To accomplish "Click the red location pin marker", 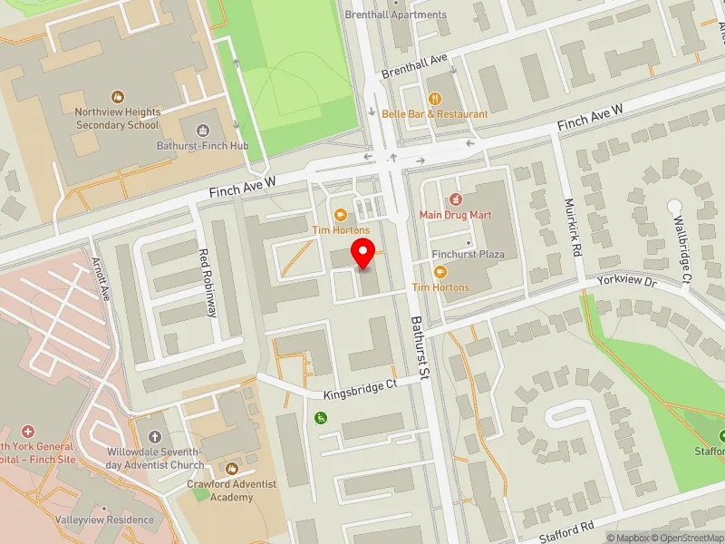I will click(363, 253).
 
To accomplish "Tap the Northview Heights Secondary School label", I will click(118, 118).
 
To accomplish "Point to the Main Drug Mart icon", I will click(456, 199).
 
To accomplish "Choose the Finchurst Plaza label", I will click(467, 255).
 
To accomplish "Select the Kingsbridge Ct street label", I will click(361, 391).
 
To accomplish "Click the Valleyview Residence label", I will click(105, 520).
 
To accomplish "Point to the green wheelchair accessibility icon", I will click(319, 417).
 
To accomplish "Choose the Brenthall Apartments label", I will click(395, 15).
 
